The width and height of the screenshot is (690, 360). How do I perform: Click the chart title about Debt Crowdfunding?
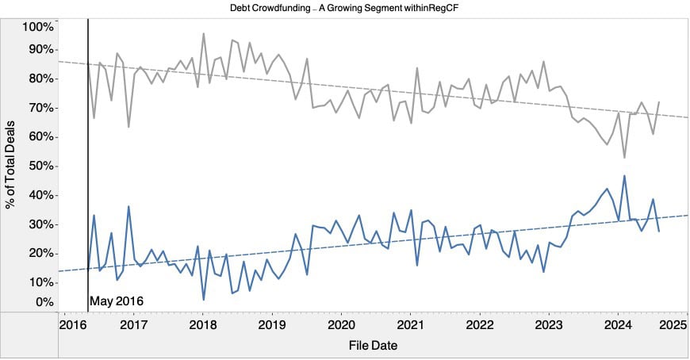344,7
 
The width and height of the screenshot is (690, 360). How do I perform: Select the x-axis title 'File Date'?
373,346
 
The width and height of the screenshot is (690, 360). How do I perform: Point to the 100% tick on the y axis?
37,27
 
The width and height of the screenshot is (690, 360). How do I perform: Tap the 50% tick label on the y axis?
40,166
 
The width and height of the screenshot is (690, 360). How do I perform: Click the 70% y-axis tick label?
40,107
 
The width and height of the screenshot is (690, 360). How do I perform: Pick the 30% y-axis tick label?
40,224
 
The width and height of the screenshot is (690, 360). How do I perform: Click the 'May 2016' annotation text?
117,301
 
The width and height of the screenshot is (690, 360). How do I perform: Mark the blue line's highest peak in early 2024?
624,176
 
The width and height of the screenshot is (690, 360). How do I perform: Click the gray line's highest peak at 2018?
203,33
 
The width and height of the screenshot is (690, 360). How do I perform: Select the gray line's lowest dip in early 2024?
624,157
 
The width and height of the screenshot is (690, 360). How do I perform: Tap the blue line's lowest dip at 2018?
203,299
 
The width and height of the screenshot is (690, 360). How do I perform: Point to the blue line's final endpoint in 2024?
659,231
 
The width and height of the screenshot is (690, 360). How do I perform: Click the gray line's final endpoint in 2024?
659,102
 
